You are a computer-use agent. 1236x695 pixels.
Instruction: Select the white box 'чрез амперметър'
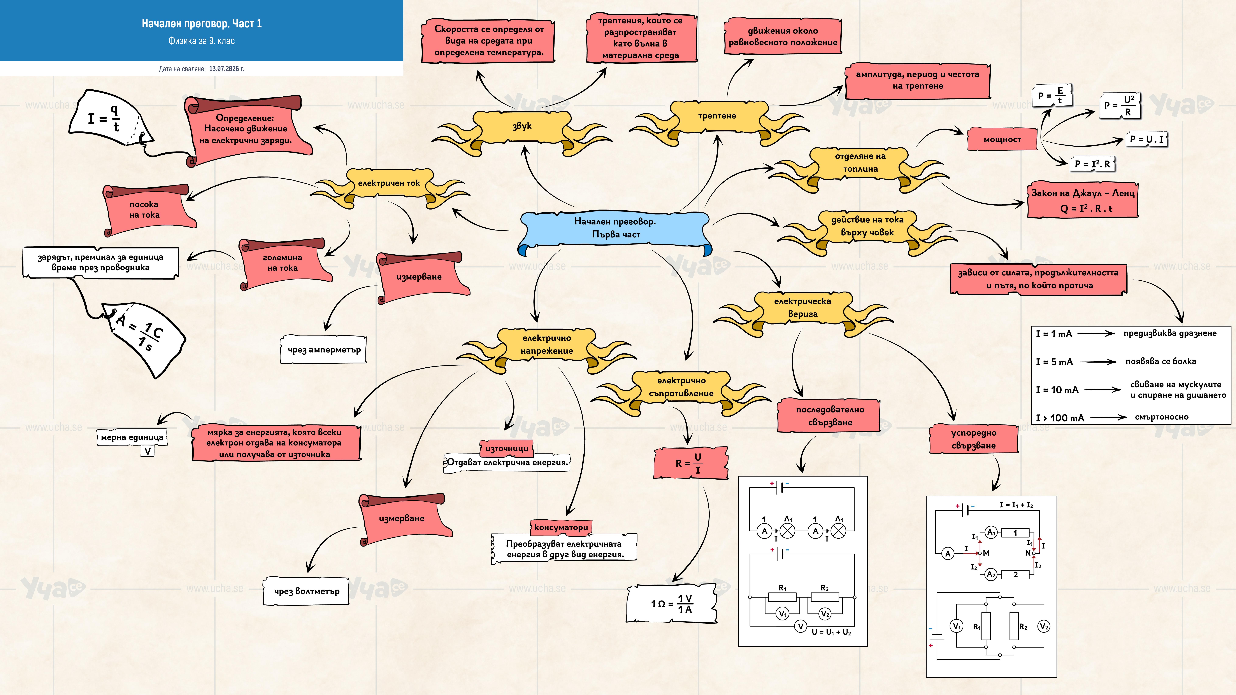[x=324, y=350]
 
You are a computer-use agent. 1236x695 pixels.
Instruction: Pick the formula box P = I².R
[x=1093, y=164]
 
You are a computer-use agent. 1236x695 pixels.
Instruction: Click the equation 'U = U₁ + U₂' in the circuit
[x=832, y=632]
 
